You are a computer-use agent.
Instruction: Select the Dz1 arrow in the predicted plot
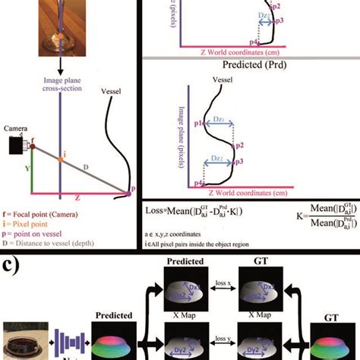pos(218,117)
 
